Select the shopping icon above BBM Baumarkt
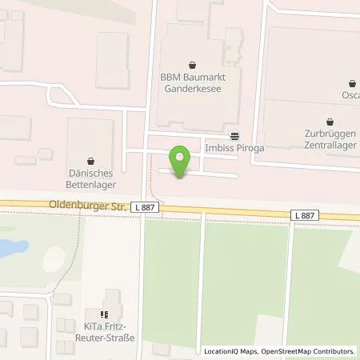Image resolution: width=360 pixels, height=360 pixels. point(191,65)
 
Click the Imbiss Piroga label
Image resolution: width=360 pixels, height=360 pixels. point(234,148)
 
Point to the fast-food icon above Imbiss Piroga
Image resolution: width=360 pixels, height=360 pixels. point(234,136)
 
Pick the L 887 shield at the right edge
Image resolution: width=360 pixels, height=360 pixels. point(304,216)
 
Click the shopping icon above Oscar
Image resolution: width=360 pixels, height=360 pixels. point(352,82)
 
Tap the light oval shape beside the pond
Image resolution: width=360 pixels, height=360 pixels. point(53,258)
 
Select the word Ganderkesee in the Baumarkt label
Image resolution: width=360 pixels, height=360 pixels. point(191,90)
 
